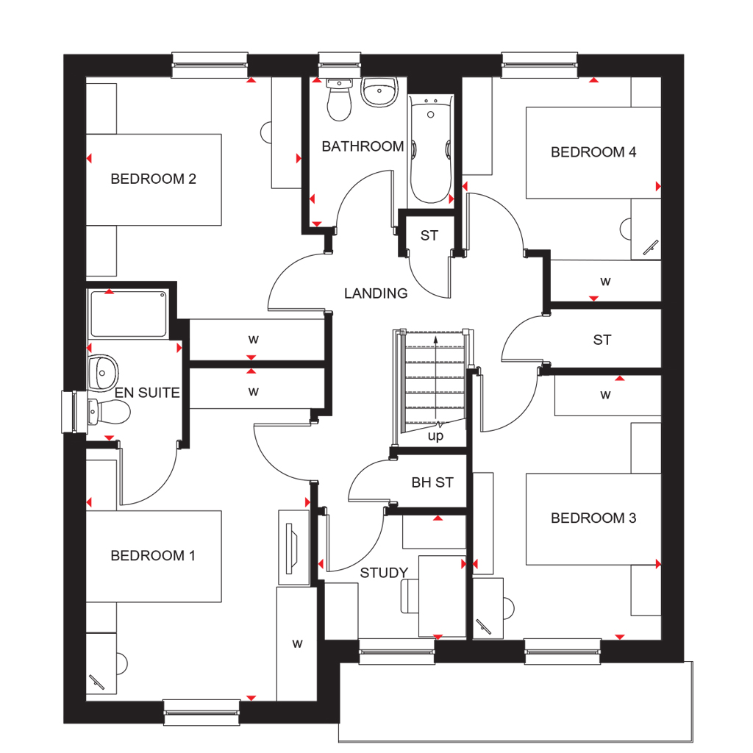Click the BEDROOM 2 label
click(x=153, y=179)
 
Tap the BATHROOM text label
click(x=363, y=146)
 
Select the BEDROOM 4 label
click(x=593, y=152)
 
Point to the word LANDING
click(x=376, y=293)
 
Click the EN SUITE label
click(x=147, y=393)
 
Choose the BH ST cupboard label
click(x=432, y=483)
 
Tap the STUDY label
click(x=384, y=573)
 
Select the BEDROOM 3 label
click(x=593, y=518)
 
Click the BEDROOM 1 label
click(x=153, y=555)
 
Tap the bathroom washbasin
click(x=379, y=92)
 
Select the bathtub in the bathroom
click(x=431, y=151)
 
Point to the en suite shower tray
click(x=128, y=313)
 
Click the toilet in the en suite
click(x=109, y=413)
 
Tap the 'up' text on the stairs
click(x=436, y=436)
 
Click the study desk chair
click(x=409, y=596)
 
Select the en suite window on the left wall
click(x=68, y=412)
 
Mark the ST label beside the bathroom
click(x=429, y=236)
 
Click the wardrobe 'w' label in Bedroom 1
click(x=297, y=644)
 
